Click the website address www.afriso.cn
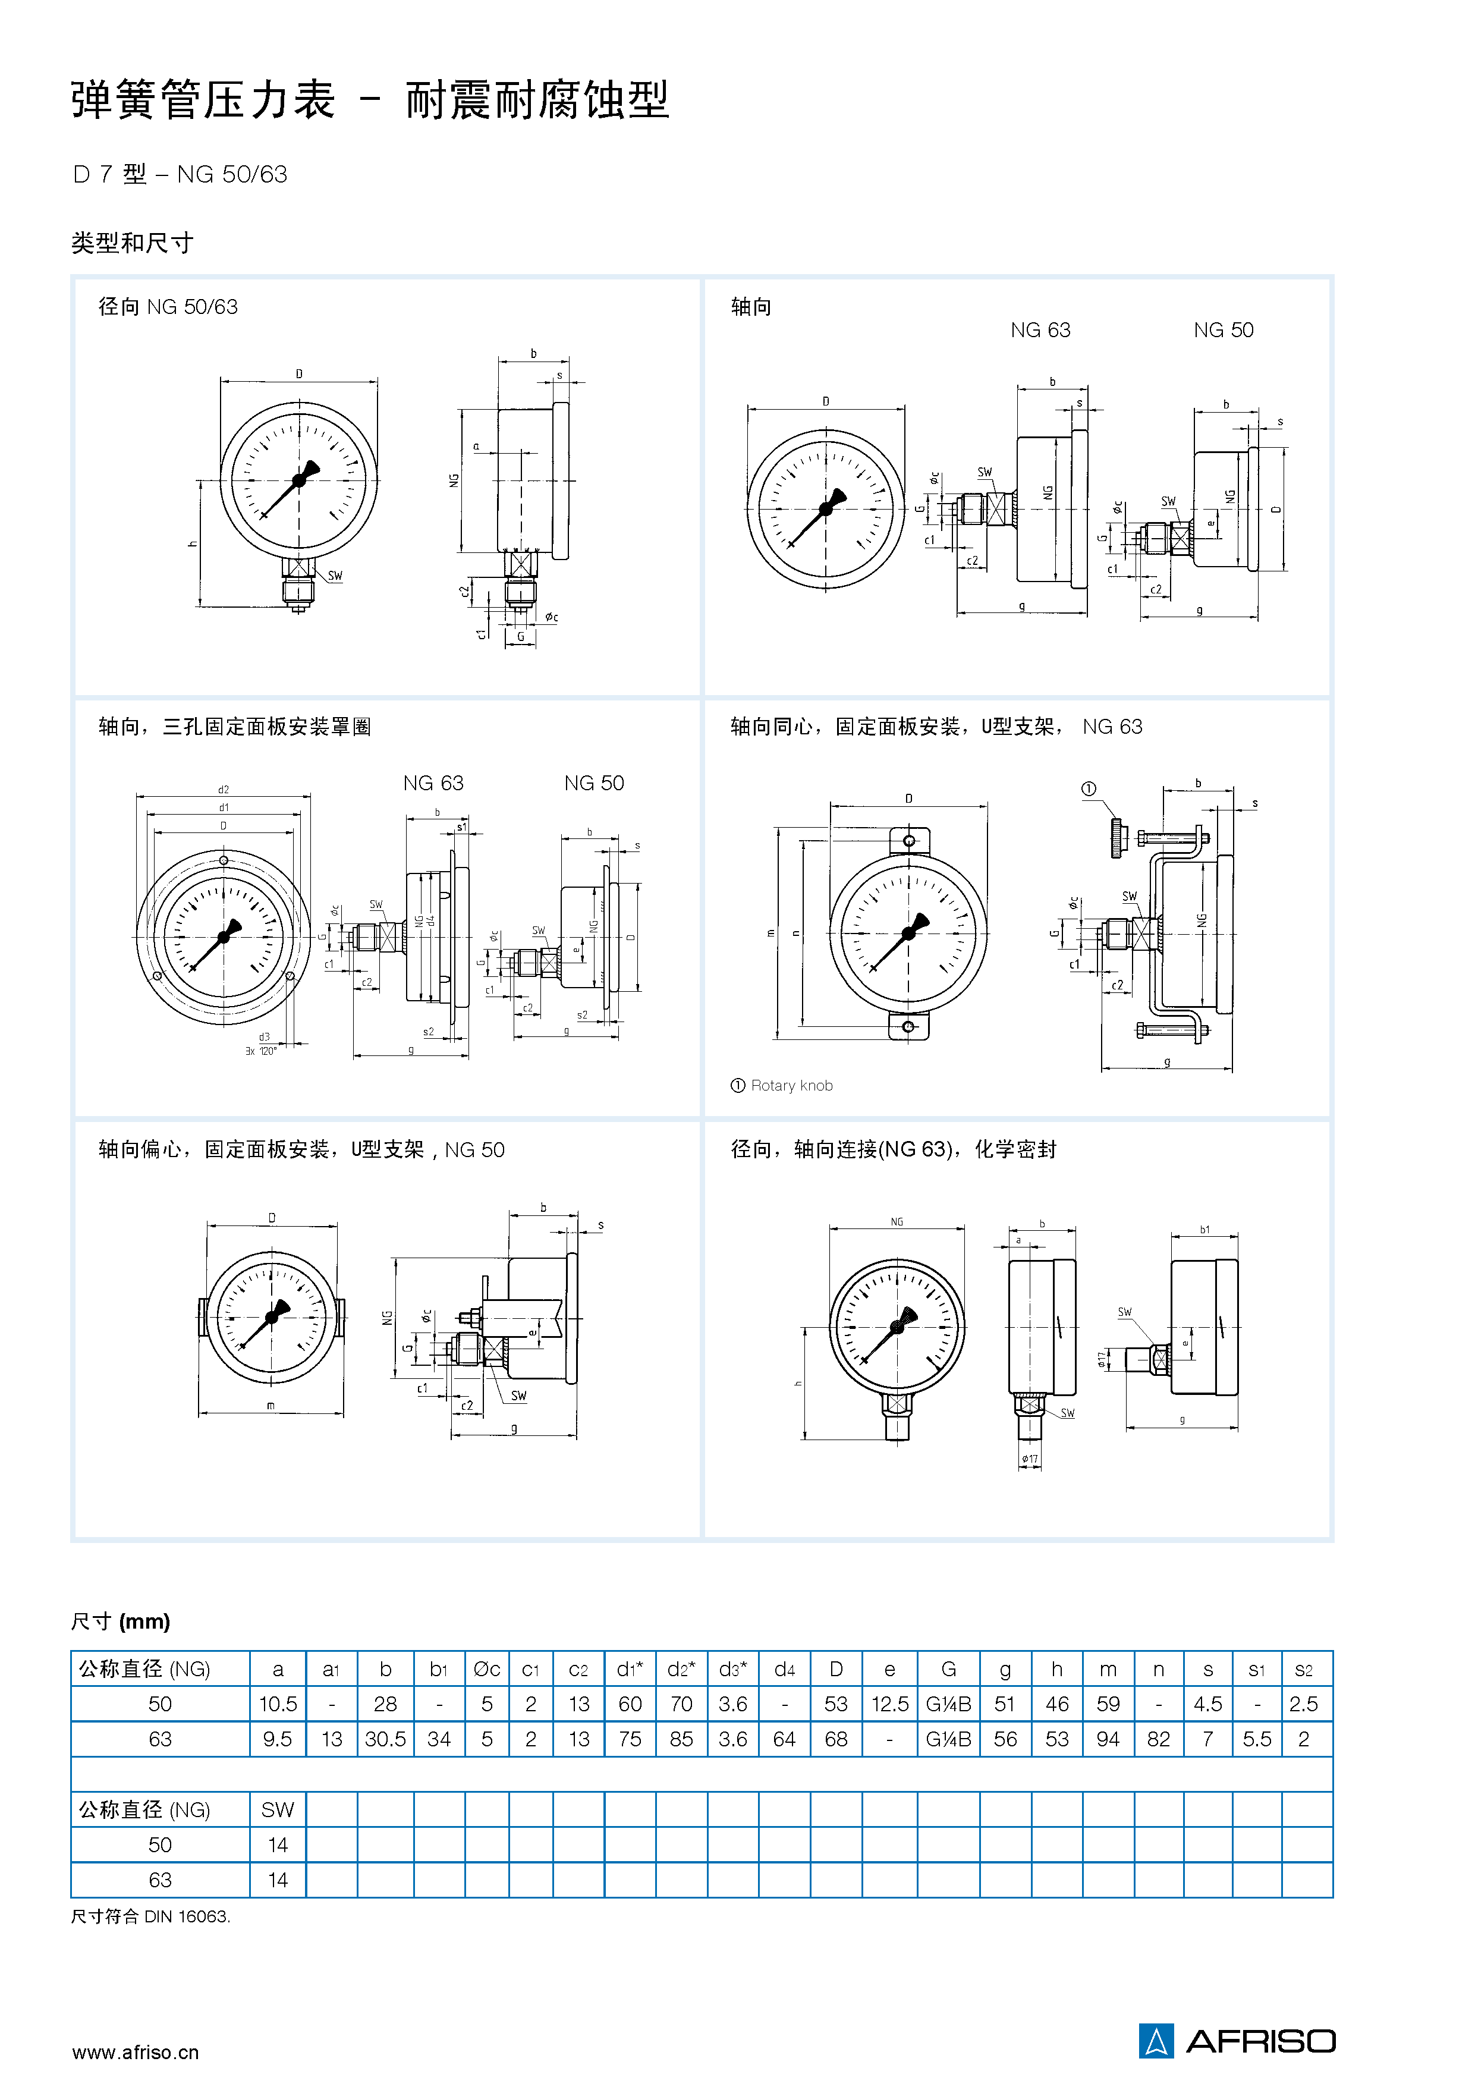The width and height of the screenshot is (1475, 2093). pos(135,2052)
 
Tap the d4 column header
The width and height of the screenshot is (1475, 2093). pos(784,1669)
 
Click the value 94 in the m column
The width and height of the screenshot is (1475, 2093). pos(1108,1739)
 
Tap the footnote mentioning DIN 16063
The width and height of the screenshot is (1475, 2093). pos(150,1916)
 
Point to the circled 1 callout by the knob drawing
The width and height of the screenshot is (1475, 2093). pos(1089,788)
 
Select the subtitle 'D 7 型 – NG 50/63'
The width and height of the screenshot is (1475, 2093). pos(180,174)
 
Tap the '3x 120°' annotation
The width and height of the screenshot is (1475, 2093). pos(261,1051)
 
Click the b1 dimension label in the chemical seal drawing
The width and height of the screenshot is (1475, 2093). pos(1204,1230)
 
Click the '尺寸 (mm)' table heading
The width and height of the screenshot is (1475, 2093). pos(120,1621)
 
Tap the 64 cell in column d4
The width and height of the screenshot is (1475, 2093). pos(784,1739)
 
